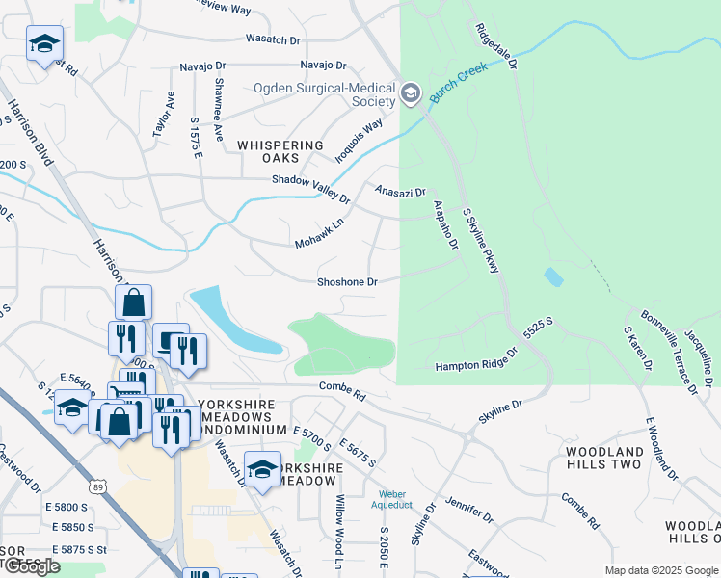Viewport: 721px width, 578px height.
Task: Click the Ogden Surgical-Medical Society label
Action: tap(324, 94)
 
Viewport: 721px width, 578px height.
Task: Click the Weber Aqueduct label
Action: tap(393, 500)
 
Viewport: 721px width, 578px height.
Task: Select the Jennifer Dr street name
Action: tap(469, 511)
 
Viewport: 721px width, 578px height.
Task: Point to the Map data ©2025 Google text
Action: tap(660, 570)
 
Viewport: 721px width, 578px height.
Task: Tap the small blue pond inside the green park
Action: tap(553, 276)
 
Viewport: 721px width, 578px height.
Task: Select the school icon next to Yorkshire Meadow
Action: tap(262, 470)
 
